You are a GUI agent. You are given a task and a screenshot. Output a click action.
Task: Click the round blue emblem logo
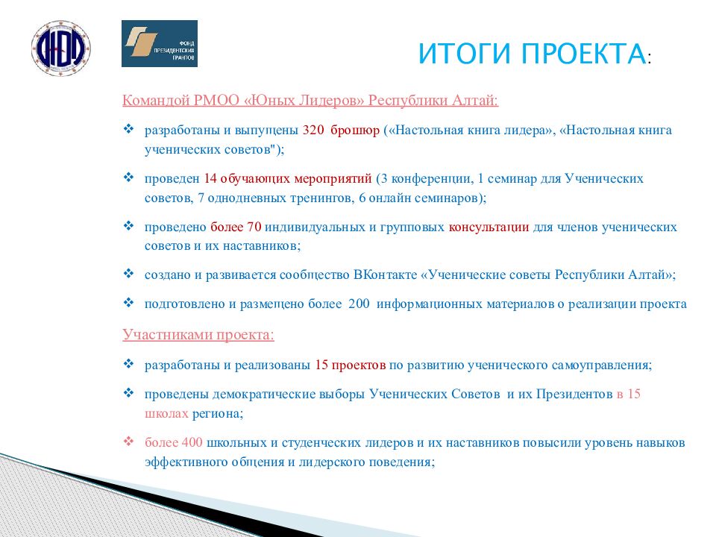pyautogui.click(x=60, y=48)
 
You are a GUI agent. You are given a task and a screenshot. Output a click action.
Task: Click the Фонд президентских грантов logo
pyautogui.click(x=160, y=43)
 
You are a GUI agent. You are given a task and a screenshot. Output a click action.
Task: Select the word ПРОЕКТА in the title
pyautogui.click(x=583, y=54)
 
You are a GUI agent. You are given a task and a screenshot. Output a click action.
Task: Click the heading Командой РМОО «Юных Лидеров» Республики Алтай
pyautogui.click(x=310, y=100)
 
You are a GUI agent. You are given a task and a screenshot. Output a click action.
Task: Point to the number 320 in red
pyautogui.click(x=313, y=130)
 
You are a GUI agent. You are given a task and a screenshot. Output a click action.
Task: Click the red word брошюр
pyautogui.click(x=355, y=131)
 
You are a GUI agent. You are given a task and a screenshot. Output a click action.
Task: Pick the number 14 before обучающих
pyautogui.click(x=210, y=178)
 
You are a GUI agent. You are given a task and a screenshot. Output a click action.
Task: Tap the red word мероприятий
pyautogui.click(x=333, y=178)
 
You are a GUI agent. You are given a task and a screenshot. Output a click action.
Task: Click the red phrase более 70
pyautogui.click(x=236, y=227)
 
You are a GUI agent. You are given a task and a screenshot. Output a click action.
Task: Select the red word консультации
pyautogui.click(x=489, y=227)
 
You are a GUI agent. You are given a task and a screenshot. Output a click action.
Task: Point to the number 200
pyautogui.click(x=359, y=304)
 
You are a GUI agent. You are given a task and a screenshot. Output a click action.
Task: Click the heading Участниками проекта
pyautogui.click(x=198, y=335)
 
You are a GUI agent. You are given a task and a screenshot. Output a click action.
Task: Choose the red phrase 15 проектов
pyautogui.click(x=351, y=365)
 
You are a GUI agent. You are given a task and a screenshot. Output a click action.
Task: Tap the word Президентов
pyautogui.click(x=574, y=394)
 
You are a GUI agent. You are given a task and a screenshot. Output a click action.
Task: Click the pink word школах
pyautogui.click(x=166, y=413)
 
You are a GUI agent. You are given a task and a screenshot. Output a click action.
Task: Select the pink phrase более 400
pyautogui.click(x=174, y=442)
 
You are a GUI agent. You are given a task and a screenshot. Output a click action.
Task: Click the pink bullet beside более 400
pyautogui.click(x=129, y=441)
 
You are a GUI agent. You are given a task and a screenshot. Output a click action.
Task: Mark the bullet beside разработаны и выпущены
pyautogui.click(x=129, y=129)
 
